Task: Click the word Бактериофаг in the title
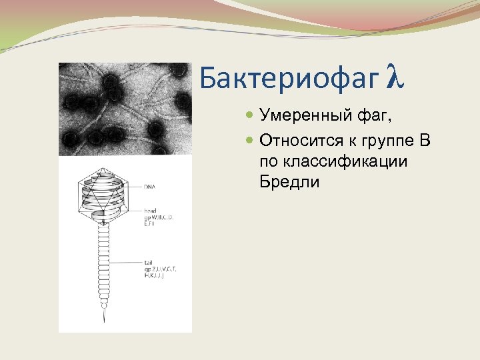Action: [288, 79]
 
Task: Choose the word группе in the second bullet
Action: [391, 141]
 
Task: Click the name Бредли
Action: [290, 181]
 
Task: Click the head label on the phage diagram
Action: [150, 209]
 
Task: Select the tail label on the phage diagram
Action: [148, 262]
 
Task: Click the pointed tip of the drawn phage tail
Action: [103, 321]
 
